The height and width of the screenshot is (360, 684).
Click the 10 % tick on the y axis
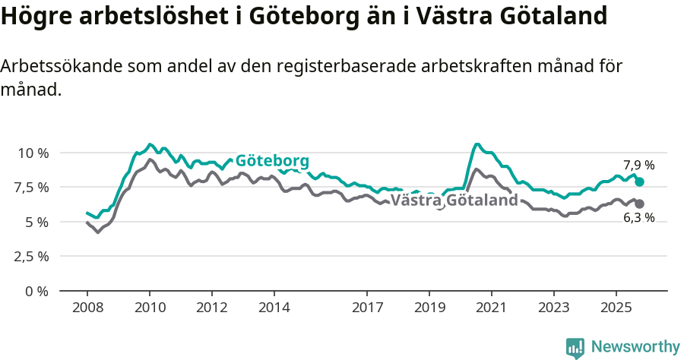tap(33, 153)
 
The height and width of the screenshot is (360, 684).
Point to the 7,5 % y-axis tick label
tap(32, 188)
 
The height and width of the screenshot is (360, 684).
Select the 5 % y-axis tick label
tap(37, 222)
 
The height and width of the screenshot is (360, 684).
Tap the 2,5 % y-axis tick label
tap(32, 256)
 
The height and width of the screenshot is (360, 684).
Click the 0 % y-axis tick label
tap(37, 291)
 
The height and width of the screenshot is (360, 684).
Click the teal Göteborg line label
tap(272, 161)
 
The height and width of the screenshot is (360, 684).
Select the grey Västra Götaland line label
tap(454, 201)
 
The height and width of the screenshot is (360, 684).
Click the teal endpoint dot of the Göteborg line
tap(640, 182)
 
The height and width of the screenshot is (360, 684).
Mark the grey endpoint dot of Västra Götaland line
tap(640, 204)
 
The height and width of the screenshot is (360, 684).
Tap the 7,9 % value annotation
tap(638, 165)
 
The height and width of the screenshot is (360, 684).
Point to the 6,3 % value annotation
tap(638, 218)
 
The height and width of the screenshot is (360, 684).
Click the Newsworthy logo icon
tap(575, 347)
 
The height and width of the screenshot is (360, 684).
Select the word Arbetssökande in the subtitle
tap(53, 67)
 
